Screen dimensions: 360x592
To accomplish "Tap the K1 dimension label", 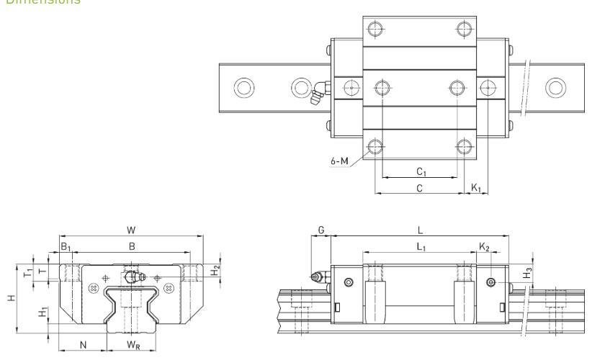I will coord(475,187).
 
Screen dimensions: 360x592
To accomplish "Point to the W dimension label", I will coord(131,230).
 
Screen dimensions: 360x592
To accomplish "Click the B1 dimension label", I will coord(65,247).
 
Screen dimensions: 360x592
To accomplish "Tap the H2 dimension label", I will coord(214,271).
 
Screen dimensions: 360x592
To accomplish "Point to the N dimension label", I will coord(83,345).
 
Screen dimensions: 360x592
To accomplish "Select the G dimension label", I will coord(321,230).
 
